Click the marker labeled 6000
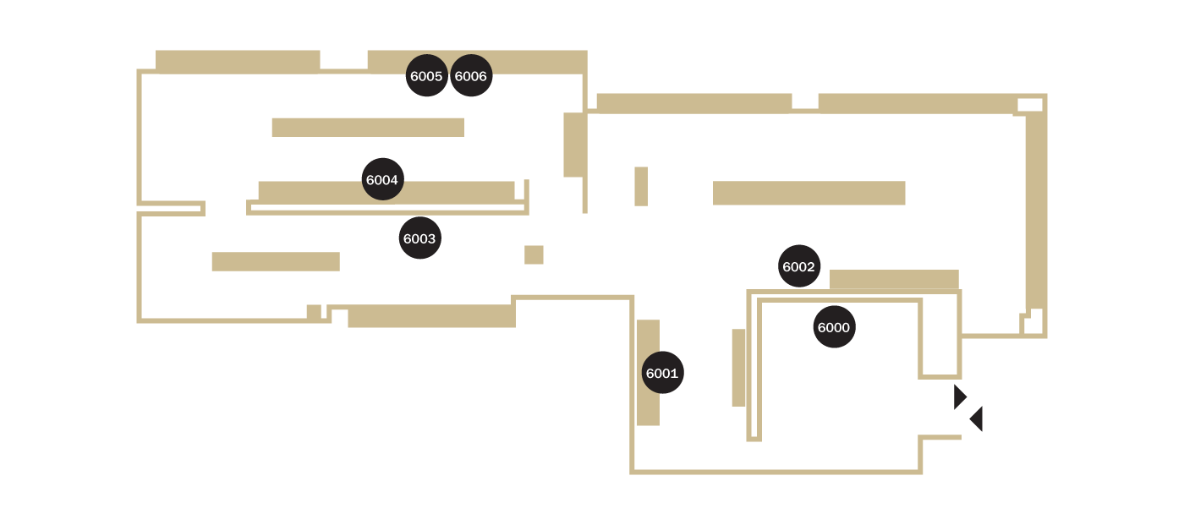click(834, 327)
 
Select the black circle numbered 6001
click(662, 372)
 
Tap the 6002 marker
click(799, 266)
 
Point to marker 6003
click(419, 238)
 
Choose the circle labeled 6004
click(382, 179)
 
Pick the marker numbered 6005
click(426, 75)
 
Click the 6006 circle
click(471, 75)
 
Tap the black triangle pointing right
click(959, 397)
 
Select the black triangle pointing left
click(977, 418)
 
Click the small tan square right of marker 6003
click(534, 254)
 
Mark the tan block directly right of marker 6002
click(894, 279)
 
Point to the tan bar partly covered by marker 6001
click(648, 372)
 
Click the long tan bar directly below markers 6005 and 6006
click(368, 128)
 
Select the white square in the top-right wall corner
click(1030, 105)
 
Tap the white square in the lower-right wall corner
click(1033, 322)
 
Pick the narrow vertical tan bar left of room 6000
click(738, 368)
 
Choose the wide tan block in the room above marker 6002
click(809, 193)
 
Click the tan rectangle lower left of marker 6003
click(276, 261)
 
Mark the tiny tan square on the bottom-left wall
click(314, 312)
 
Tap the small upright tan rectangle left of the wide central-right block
click(641, 187)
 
